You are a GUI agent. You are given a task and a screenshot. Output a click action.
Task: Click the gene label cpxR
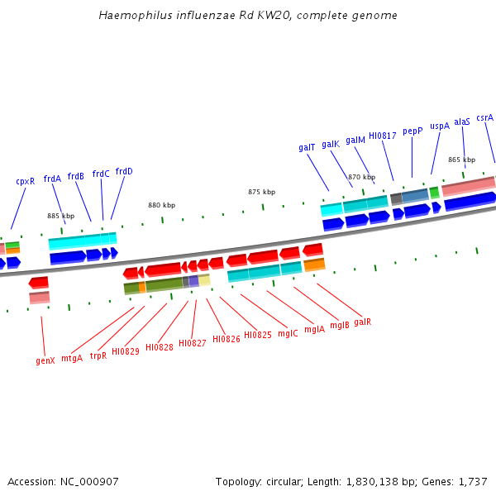click(x=25, y=181)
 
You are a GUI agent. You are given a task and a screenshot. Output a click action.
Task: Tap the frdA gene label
click(x=52, y=179)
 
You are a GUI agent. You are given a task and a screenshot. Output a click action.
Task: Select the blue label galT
click(x=307, y=147)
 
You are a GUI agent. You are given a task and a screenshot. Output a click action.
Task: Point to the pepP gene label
click(x=413, y=131)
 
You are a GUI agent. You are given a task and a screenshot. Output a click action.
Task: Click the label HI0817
click(x=382, y=136)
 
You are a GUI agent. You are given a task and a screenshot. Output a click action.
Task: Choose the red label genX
click(x=45, y=360)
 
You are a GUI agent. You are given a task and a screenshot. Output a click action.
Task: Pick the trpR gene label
click(x=98, y=355)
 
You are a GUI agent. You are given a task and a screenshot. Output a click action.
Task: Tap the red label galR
click(x=362, y=322)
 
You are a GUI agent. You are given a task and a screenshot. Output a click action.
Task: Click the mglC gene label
click(x=288, y=333)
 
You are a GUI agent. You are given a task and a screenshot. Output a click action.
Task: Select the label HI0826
click(x=226, y=339)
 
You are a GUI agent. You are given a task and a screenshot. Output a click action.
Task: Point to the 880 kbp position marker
click(x=161, y=205)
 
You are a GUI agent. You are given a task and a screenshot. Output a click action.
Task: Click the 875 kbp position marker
click(x=261, y=192)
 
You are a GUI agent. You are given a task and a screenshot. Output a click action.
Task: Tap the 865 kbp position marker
click(x=461, y=160)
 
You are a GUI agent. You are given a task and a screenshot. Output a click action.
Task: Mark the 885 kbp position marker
click(x=60, y=216)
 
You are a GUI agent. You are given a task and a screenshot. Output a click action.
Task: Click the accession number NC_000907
click(x=88, y=481)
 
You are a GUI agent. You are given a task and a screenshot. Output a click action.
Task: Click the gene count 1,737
click(x=472, y=481)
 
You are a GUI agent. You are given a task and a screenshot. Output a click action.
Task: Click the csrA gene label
click(x=484, y=117)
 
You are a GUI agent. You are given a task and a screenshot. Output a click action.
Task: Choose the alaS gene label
click(x=461, y=122)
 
